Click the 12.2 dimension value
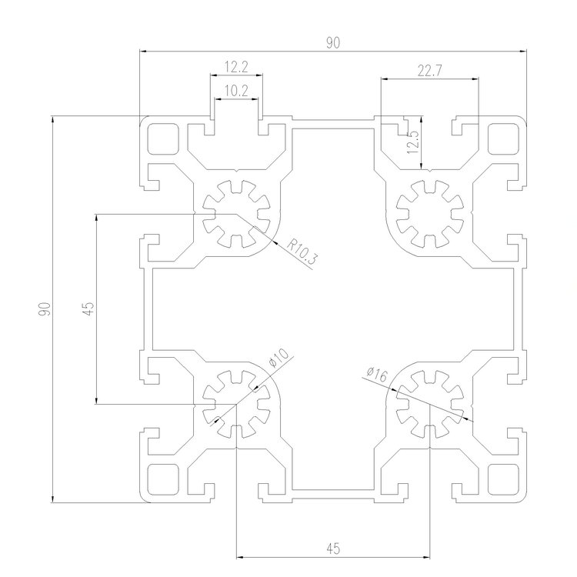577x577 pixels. tap(235, 67)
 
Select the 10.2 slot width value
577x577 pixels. tap(235, 91)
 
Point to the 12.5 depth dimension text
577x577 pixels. tap(413, 142)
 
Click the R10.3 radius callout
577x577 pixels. tap(302, 252)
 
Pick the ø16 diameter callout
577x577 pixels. tap(377, 374)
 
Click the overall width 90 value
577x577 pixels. tap(332, 44)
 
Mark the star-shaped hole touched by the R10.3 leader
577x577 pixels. tap(236, 212)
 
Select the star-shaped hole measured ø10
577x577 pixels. tap(236, 405)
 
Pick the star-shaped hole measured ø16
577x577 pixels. tap(429, 405)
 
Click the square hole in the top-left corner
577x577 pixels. tap(162, 139)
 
